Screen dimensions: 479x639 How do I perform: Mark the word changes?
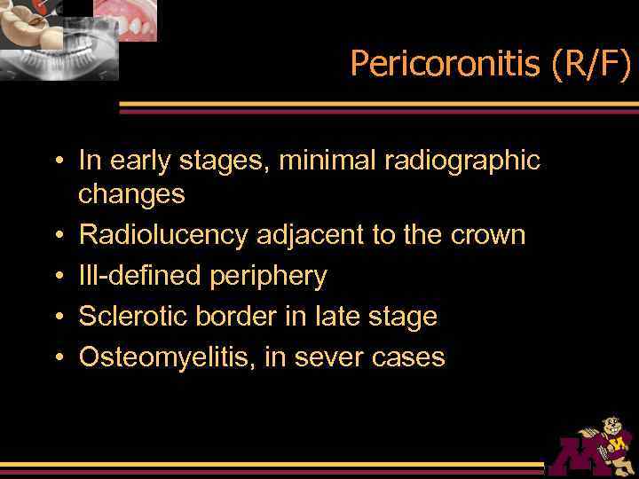[x=131, y=194]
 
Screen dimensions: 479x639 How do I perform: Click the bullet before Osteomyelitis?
[x=58, y=357]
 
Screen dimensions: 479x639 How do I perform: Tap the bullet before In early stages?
[x=58, y=161]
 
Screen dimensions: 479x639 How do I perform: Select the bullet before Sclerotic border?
[x=58, y=317]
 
